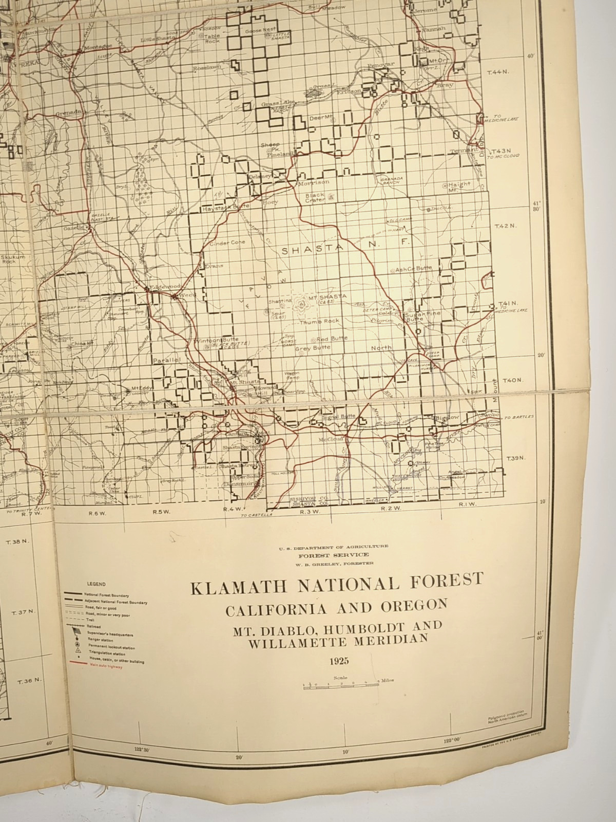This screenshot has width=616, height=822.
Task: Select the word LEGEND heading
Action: tap(96, 584)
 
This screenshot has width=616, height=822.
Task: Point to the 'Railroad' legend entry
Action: tap(92, 627)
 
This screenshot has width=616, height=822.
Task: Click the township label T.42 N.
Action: tap(504, 226)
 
